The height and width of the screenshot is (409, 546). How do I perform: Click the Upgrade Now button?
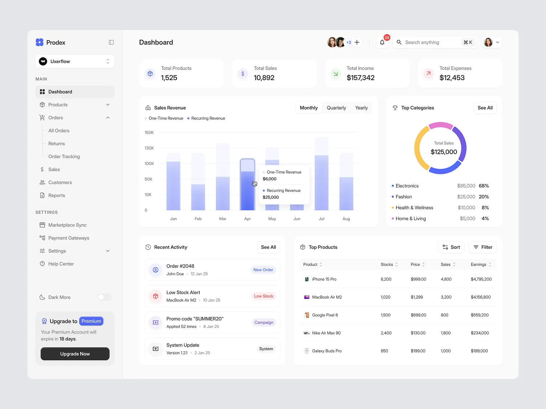(75, 354)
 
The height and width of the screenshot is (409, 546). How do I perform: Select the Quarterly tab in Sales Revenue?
(336, 108)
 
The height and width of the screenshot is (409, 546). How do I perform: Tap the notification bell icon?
(382, 42)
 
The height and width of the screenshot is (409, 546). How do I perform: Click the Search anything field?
(428, 42)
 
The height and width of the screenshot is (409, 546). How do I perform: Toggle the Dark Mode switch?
(104, 297)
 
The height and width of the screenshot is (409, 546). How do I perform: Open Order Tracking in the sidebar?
(64, 157)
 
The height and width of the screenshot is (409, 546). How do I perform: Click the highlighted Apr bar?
(248, 185)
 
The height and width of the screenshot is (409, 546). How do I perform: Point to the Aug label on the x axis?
(346, 219)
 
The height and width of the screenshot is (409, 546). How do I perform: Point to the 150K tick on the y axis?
(149, 133)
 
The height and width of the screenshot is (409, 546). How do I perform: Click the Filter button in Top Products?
(482, 247)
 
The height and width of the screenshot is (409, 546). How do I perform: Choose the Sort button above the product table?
(451, 247)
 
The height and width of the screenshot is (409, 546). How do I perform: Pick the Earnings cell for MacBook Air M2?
(481, 297)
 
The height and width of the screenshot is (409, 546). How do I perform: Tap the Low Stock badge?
(264, 296)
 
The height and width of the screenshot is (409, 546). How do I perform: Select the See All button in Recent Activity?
(268, 247)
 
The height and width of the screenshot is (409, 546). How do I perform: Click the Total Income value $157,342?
(360, 78)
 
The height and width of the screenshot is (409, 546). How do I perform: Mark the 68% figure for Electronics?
(484, 186)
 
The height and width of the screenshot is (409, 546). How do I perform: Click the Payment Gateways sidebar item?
(69, 238)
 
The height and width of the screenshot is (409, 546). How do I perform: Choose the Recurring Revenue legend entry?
(208, 119)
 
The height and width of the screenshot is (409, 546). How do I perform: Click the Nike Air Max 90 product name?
(326, 333)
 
